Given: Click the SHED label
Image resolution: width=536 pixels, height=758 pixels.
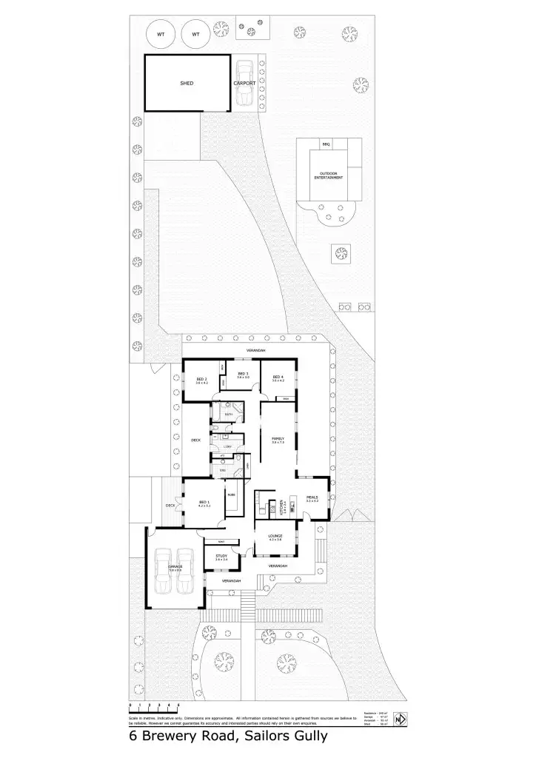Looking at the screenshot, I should pyautogui.click(x=187, y=84).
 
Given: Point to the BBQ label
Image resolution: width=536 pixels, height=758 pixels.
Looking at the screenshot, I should pyautogui.click(x=326, y=144).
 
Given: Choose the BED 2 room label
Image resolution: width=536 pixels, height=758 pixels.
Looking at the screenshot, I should pyautogui.click(x=201, y=380).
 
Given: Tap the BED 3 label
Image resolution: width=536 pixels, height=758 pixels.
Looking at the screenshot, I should pyautogui.click(x=243, y=375).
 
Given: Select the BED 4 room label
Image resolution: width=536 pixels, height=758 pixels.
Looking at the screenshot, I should pyautogui.click(x=278, y=378).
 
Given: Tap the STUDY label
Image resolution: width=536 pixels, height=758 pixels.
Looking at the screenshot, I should pyautogui.click(x=221, y=557).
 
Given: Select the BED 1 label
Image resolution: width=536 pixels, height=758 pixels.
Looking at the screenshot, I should pyautogui.click(x=204, y=503).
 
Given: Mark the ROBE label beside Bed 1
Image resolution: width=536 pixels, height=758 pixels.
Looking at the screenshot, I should pyautogui.click(x=231, y=494).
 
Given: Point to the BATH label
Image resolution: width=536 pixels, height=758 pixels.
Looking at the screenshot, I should pyautogui.click(x=229, y=415).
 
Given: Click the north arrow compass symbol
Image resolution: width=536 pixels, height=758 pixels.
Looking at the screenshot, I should pyautogui.click(x=401, y=719).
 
